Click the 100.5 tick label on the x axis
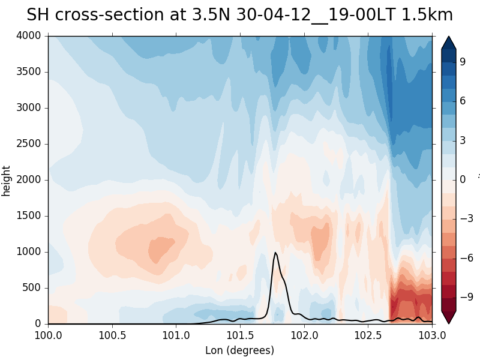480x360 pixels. pos(112,334)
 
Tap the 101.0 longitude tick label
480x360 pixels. pos(176,334)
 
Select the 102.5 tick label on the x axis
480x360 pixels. pos(368,334)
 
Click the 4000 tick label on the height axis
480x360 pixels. pos(29,36)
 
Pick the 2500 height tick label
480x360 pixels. pos(29,144)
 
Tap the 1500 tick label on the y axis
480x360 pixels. pos(29,216)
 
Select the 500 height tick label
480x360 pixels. pos(31,288)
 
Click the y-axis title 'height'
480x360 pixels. pos(7,180)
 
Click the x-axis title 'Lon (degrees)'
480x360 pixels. pos(239,350)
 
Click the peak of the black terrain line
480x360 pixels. pos(275,253)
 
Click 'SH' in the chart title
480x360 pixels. pos(39,15)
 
